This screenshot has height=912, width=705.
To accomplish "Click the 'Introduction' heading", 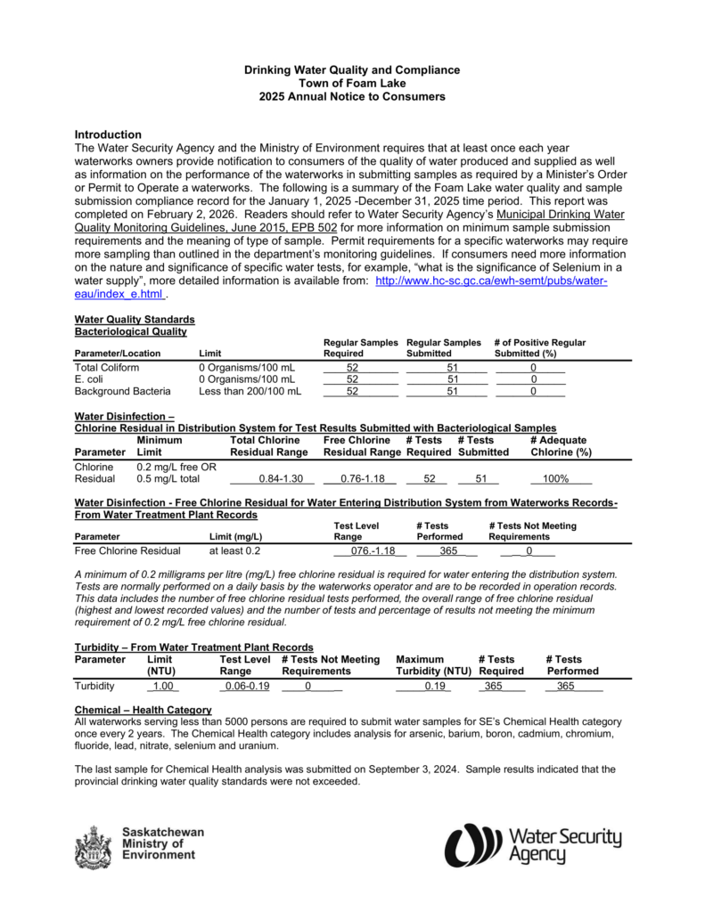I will pos(108,134).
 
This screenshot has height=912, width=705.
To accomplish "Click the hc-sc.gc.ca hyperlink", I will pos(491,281).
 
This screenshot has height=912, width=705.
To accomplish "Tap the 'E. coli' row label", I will pos(89,379).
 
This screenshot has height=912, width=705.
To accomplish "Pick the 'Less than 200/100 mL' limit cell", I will pos(250,390).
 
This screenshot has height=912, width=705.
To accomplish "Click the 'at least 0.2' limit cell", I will pos(234,550).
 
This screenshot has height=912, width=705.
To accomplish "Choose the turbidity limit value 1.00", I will pos(163,686).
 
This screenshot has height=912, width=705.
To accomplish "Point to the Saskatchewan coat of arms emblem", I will pos(94,846).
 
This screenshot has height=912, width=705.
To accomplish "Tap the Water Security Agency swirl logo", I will pos(475,845).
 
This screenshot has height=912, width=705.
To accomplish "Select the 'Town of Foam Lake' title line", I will pos(352,83).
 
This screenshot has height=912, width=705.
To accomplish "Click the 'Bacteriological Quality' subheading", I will pos(130,331).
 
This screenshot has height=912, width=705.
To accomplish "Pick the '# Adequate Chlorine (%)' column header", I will pos(561,446).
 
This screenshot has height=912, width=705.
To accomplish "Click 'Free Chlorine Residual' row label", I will pos(127,550).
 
